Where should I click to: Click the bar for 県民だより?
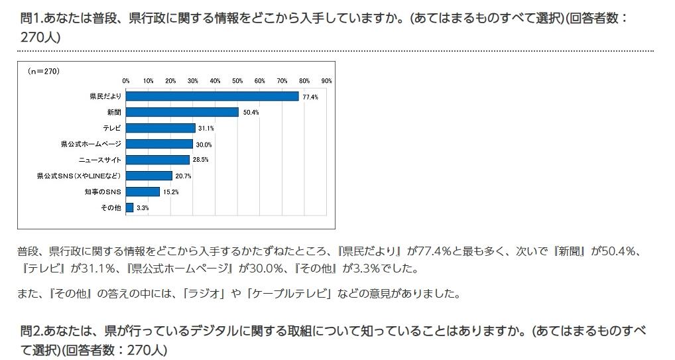tap(212, 96)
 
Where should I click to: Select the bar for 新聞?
tap(182, 112)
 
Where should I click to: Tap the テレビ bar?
tap(160, 128)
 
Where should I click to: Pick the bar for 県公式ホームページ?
tap(159, 144)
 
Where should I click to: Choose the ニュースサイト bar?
tap(157, 160)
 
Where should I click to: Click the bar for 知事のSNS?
tap(143, 192)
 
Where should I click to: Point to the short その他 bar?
tap(129, 208)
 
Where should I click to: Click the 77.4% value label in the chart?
tap(310, 97)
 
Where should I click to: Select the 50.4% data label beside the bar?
tap(251, 113)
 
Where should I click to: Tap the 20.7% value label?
tap(183, 176)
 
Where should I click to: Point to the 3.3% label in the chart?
tap(143, 208)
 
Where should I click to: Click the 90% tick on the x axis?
tap(326, 80)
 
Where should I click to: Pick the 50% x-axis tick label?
tap(237, 80)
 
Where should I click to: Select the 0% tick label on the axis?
tap(126, 80)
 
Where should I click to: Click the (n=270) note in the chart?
tap(44, 71)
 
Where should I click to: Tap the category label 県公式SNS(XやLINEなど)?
tap(79, 176)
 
